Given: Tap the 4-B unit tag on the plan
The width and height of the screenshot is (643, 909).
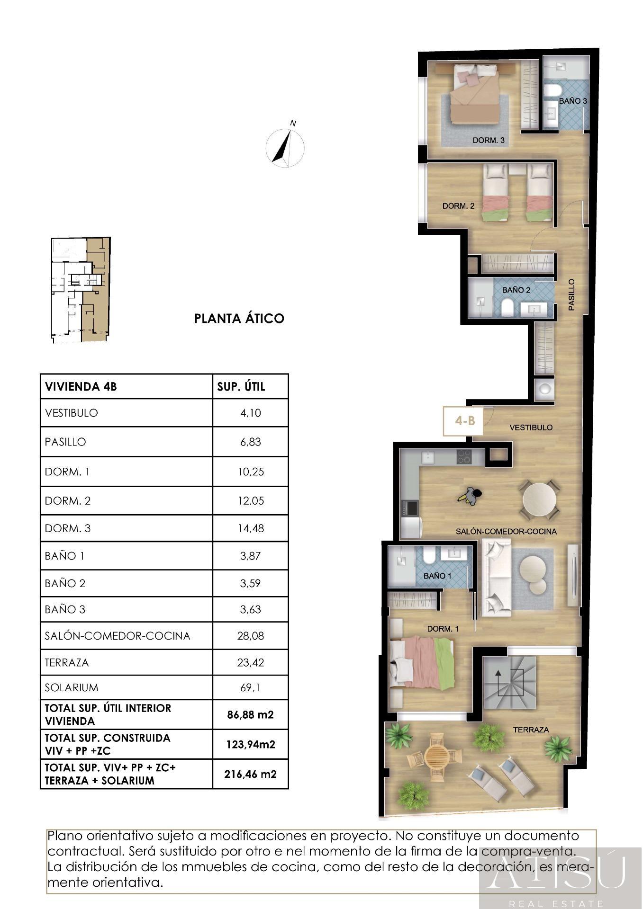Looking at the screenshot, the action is [464, 420].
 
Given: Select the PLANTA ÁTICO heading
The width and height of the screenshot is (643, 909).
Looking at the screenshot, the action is [239, 318].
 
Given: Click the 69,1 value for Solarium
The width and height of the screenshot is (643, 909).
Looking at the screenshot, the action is [250, 687].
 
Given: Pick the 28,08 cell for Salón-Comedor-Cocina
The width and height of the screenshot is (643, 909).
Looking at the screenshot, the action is [250, 635].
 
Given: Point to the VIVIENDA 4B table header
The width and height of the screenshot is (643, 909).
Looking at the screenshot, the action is [81, 386].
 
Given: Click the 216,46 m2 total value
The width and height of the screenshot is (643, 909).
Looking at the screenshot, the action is [250, 775].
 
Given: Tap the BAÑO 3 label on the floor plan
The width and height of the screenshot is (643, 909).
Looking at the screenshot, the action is [573, 101].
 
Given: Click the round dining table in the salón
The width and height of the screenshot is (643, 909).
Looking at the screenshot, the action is [539, 500].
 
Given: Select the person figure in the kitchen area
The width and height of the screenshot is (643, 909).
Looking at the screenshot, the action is [470, 496].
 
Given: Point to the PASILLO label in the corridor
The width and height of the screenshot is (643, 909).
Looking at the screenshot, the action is [571, 294].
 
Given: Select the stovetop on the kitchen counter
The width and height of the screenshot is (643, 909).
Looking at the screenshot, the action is [464, 456].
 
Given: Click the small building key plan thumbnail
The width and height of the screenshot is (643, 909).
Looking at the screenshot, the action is [81, 290].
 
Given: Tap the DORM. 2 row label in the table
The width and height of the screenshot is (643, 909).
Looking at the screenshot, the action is [68, 500].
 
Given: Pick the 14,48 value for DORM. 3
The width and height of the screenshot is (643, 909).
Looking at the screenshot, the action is [250, 528].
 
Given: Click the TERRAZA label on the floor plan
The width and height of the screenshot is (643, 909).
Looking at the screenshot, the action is [531, 730].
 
